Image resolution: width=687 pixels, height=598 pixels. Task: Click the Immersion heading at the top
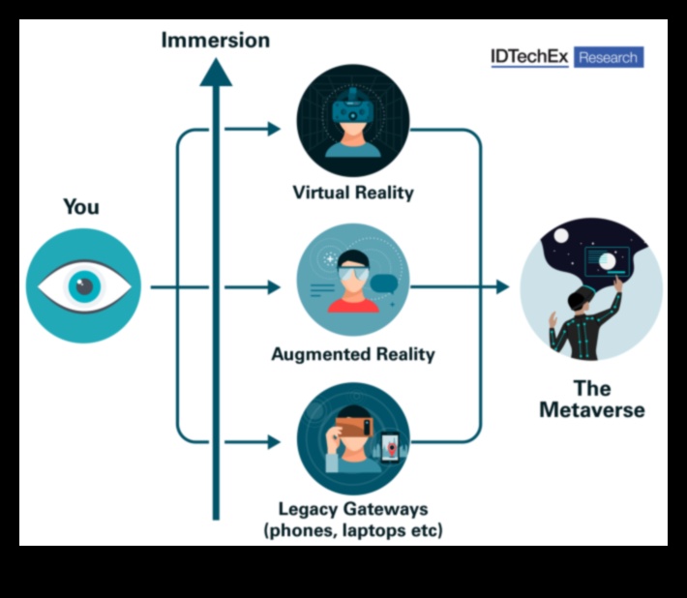pyautogui.click(x=215, y=40)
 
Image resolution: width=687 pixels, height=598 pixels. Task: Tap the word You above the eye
pyautogui.click(x=81, y=206)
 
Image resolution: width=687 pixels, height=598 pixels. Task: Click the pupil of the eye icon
pyautogui.click(x=84, y=285)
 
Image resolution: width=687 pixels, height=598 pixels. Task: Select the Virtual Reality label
pyautogui.click(x=353, y=193)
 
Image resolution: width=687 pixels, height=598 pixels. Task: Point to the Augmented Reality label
pyautogui.click(x=353, y=353)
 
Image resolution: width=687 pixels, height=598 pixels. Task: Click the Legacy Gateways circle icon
pyautogui.click(x=353, y=439)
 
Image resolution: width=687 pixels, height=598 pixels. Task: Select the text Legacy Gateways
pyautogui.click(x=353, y=509)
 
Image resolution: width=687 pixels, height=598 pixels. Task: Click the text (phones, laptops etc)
pyautogui.click(x=353, y=530)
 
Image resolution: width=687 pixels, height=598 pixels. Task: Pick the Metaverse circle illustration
pyautogui.click(x=591, y=287)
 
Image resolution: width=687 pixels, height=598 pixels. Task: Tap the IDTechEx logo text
pyautogui.click(x=529, y=57)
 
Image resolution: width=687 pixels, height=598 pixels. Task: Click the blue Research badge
pyautogui.click(x=608, y=57)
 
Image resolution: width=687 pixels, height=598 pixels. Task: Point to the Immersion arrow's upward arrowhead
pyautogui.click(x=216, y=72)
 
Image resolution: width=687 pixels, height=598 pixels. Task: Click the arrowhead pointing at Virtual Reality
pyautogui.click(x=274, y=128)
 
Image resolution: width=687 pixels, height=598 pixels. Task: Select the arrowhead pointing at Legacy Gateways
pyautogui.click(x=274, y=442)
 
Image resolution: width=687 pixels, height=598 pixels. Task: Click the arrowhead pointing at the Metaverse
pyautogui.click(x=501, y=287)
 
